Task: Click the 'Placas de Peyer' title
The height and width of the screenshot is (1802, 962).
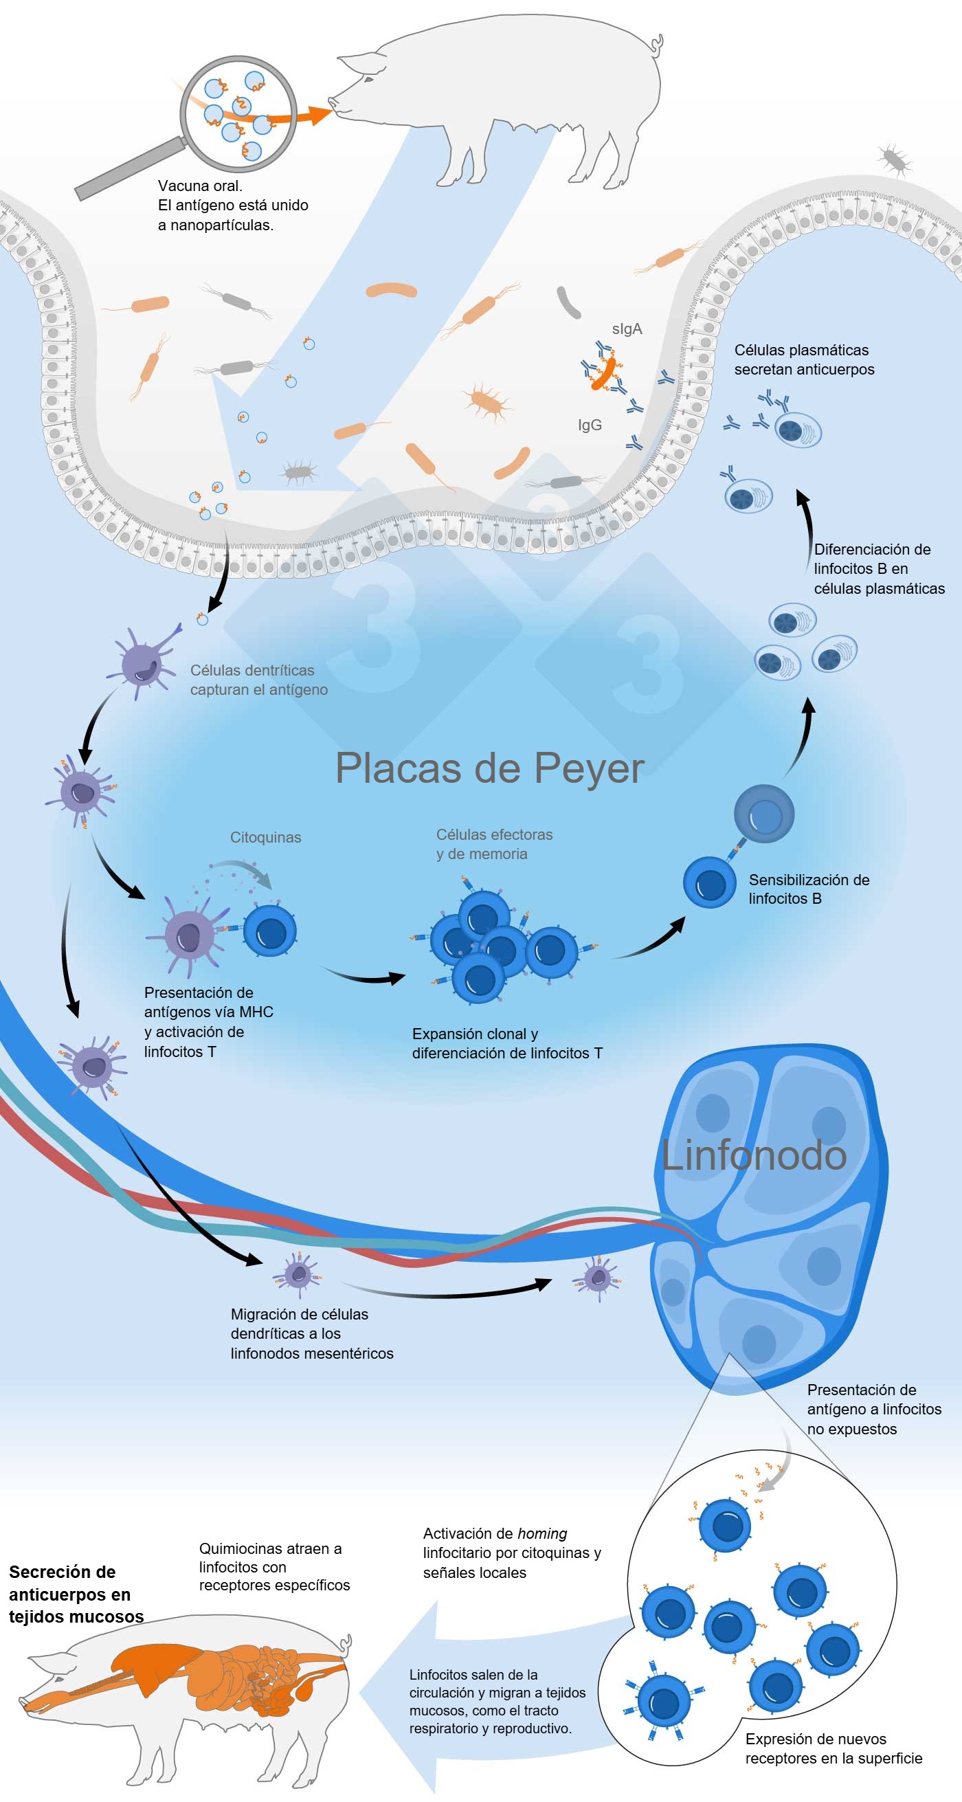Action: (x=489, y=769)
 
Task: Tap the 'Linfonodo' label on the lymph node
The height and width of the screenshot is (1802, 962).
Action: (x=754, y=1155)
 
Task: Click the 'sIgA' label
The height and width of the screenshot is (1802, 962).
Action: (x=626, y=329)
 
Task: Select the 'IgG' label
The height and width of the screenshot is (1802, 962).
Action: (x=589, y=425)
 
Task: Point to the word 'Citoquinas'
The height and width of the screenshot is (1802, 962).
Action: (x=265, y=837)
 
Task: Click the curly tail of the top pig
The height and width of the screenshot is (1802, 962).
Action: (x=656, y=47)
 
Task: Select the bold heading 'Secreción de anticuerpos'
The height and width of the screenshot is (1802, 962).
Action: (x=70, y=1594)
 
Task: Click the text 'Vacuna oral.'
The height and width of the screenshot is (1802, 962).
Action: (x=200, y=186)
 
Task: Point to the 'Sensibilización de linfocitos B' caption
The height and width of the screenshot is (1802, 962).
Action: (x=808, y=889)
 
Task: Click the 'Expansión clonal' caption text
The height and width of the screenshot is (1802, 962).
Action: (x=506, y=1043)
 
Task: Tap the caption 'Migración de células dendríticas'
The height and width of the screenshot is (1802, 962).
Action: (x=311, y=1333)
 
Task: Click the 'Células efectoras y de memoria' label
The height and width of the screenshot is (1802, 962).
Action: (x=493, y=844)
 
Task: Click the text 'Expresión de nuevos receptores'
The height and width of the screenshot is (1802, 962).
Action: (x=833, y=1748)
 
